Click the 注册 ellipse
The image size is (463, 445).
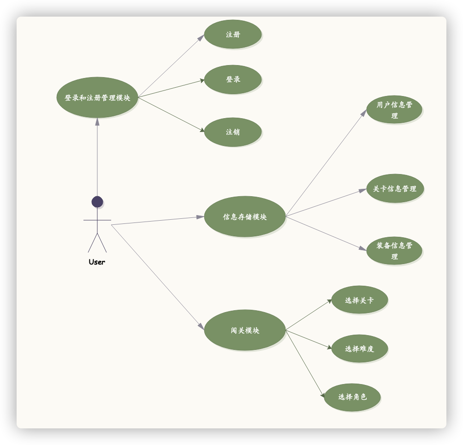[x=233, y=34]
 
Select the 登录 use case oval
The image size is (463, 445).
[x=233, y=79]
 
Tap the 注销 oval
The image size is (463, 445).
[x=233, y=132]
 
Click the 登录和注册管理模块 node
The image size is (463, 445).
[x=97, y=97]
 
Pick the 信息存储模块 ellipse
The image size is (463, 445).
[x=245, y=216]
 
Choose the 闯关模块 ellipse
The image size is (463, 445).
[x=245, y=330]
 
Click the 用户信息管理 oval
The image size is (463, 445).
[x=394, y=110]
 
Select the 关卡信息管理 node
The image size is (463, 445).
[x=395, y=188]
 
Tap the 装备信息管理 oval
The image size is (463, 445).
[x=394, y=251]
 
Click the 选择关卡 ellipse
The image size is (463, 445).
[x=359, y=300]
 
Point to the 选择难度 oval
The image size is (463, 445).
[x=359, y=349]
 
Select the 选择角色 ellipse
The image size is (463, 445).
[x=352, y=397]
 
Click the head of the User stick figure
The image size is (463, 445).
[x=97, y=202]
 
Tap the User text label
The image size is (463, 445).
[x=97, y=262]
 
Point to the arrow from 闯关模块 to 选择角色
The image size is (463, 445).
[x=305, y=364]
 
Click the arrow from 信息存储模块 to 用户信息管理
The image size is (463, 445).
[x=326, y=163]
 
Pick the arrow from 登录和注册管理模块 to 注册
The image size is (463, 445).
[x=171, y=66]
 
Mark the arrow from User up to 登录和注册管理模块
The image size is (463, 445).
[x=97, y=157]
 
